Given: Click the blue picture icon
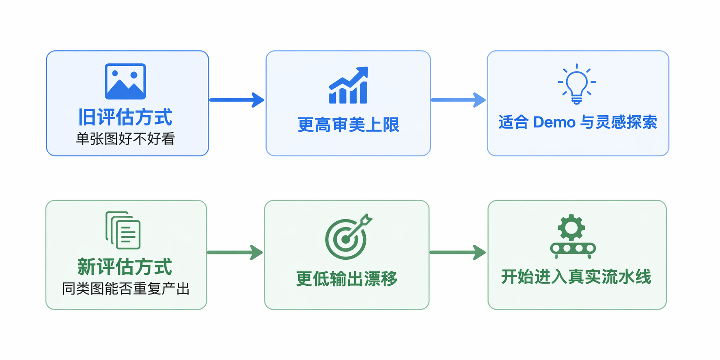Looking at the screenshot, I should [125, 81].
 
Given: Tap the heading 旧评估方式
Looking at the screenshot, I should [125, 117].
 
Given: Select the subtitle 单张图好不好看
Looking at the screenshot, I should [125, 139].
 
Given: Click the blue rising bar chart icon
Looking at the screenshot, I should [348, 86].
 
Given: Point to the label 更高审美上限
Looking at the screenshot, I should [348, 125].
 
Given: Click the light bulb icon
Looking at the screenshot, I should [577, 84].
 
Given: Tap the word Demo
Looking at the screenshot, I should [554, 122].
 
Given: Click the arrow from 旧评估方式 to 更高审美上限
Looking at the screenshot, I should [237, 100].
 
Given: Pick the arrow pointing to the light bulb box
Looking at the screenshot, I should [458, 100].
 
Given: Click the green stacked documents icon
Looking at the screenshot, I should [123, 230].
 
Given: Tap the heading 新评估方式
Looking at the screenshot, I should [125, 267].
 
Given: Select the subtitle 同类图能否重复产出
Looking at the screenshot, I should [126, 289].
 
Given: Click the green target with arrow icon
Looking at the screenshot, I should [347, 237].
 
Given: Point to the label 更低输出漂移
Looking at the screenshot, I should [347, 278].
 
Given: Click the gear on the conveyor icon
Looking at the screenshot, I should [571, 228].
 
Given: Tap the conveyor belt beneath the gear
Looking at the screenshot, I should [573, 248].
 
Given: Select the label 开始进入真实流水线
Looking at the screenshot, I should [576, 277].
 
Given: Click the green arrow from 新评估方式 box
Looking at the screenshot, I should [235, 252].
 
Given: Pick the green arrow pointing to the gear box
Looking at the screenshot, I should [457, 252].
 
